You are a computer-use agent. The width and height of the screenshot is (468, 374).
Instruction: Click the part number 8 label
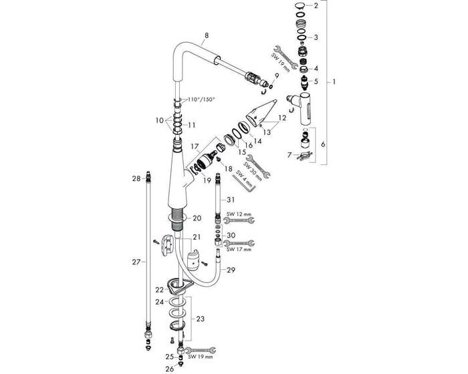(207, 35)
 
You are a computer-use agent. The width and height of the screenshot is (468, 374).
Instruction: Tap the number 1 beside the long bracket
(334, 81)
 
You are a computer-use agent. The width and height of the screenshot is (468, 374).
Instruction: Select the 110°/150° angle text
(201, 100)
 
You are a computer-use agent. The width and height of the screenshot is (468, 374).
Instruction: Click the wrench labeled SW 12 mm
(239, 220)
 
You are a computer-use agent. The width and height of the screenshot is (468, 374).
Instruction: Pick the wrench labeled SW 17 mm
(239, 243)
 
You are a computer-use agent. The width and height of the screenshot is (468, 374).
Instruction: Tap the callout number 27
(136, 262)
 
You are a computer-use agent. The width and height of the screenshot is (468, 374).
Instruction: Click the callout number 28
(136, 178)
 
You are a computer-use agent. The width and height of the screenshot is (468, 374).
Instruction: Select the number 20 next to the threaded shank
(197, 218)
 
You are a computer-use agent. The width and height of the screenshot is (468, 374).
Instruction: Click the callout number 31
(231, 200)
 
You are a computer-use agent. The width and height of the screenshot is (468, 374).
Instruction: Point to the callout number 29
(231, 270)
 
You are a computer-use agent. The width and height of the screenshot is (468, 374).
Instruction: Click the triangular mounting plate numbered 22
(178, 285)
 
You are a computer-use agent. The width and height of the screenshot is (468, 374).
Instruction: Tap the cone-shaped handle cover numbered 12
(261, 113)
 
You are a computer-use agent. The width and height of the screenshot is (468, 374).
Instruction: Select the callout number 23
(201, 319)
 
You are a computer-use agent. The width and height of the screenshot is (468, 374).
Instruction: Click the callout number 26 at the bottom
(170, 369)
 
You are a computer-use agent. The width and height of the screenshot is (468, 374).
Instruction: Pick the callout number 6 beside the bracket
(323, 144)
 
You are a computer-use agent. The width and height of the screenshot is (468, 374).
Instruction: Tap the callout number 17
(195, 147)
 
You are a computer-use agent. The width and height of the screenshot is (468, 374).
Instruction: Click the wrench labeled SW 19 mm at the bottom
(201, 350)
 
